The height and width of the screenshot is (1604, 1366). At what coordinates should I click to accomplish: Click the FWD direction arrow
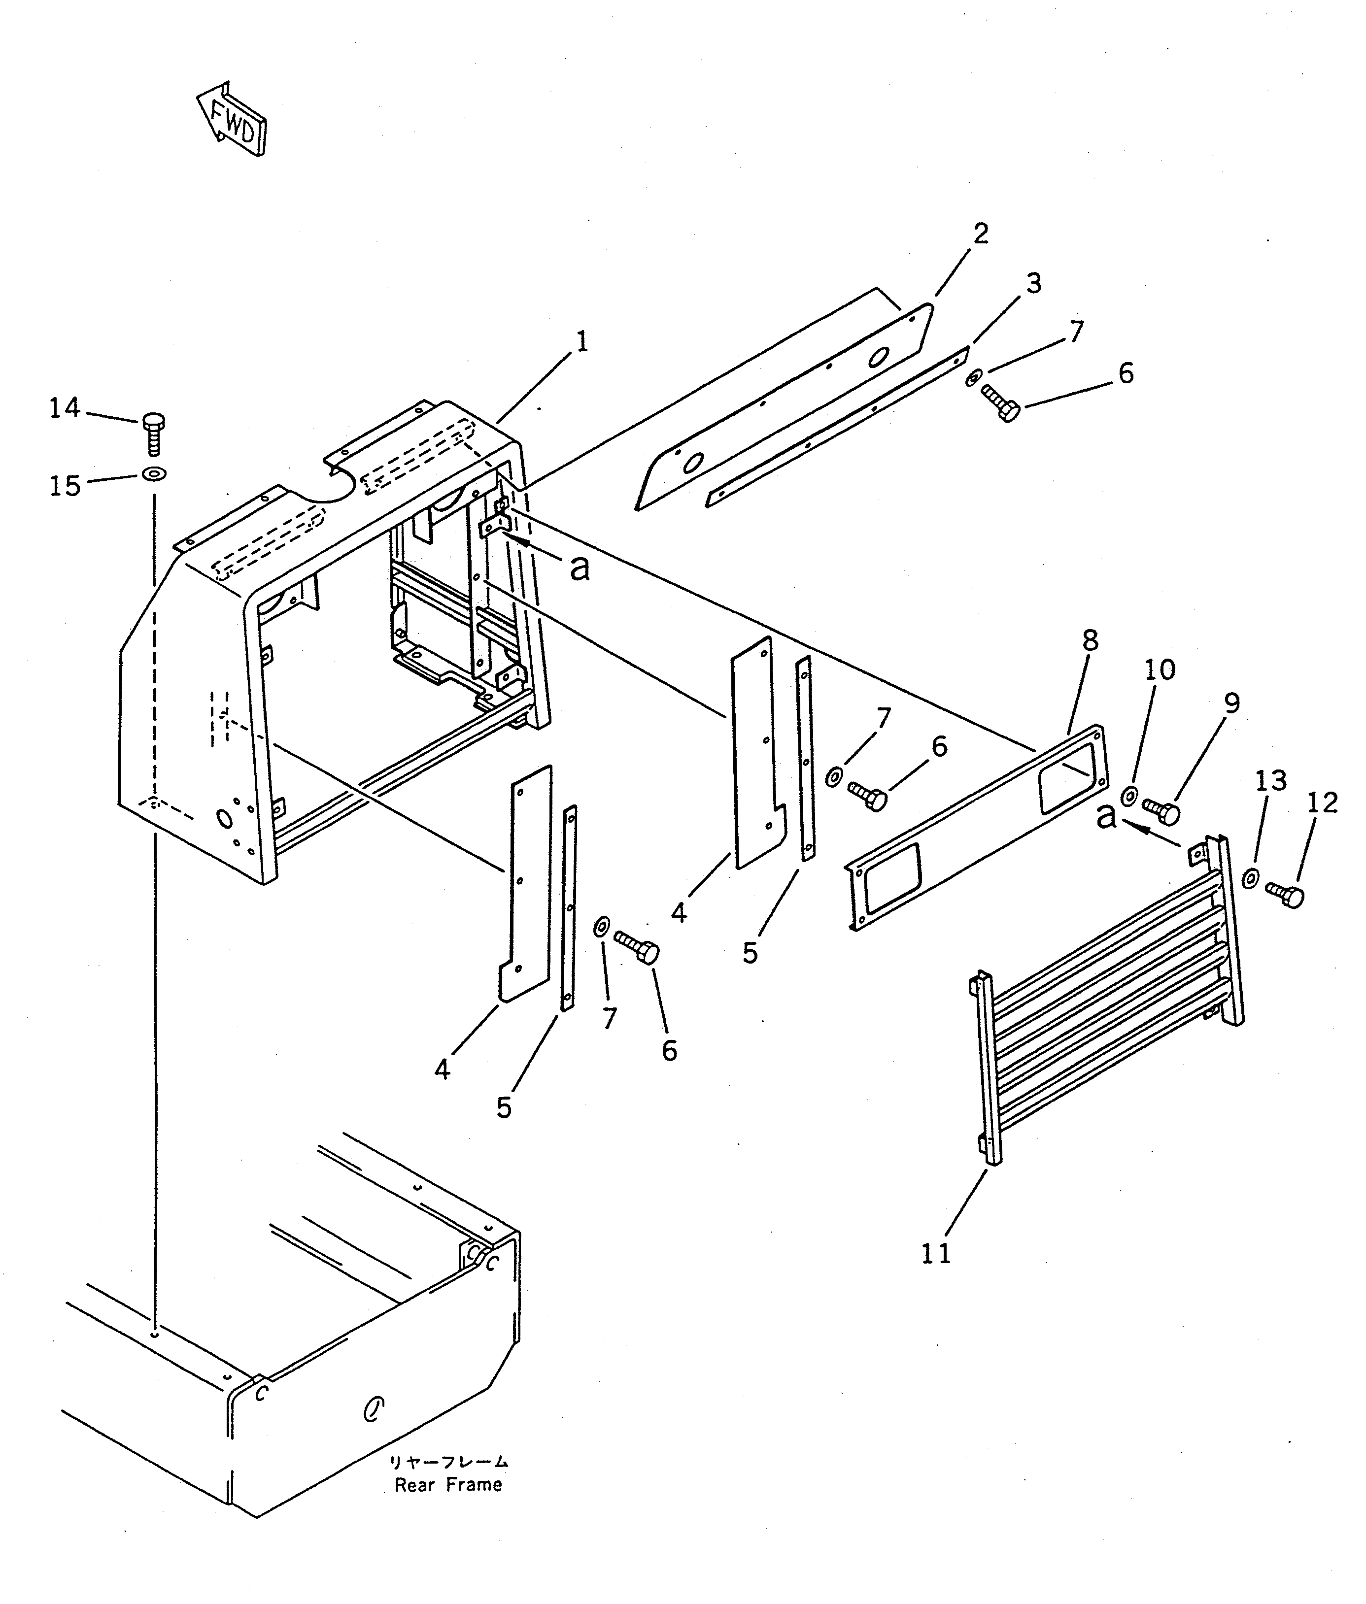pyautogui.click(x=231, y=120)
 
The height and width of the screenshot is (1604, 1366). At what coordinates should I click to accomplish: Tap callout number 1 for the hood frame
pyautogui.click(x=581, y=341)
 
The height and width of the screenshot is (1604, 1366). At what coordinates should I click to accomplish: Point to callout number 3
pyautogui.click(x=1034, y=283)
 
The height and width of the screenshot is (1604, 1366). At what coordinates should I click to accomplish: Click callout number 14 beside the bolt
pyautogui.click(x=65, y=407)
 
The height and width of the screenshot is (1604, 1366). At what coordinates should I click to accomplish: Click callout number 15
pyautogui.click(x=65, y=486)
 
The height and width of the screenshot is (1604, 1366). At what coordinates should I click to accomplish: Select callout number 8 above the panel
pyautogui.click(x=1090, y=640)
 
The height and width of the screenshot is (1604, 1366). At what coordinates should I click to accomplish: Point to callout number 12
pyautogui.click(x=1322, y=803)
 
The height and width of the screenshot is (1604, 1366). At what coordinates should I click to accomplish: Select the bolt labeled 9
pyautogui.click(x=1161, y=810)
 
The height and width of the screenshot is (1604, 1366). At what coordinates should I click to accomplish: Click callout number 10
pyautogui.click(x=1159, y=669)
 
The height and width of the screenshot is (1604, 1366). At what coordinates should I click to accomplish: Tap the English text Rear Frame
pyautogui.click(x=448, y=1485)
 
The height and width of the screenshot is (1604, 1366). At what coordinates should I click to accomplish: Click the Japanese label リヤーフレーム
pyautogui.click(x=448, y=1462)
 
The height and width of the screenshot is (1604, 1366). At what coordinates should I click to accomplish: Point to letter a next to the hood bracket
pyautogui.click(x=579, y=568)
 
